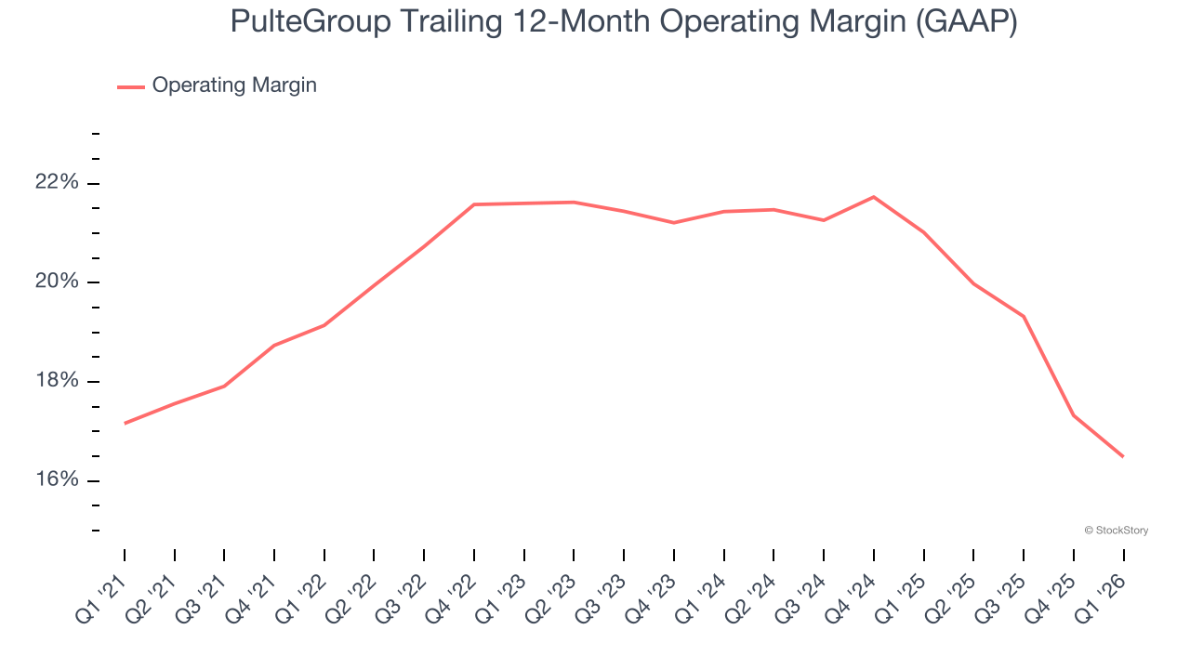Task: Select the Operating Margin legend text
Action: (x=234, y=85)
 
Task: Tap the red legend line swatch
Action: (x=131, y=86)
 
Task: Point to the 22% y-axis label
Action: (x=57, y=182)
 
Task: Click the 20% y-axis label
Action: (x=57, y=282)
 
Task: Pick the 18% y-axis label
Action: (x=57, y=381)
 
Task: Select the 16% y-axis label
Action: (x=57, y=479)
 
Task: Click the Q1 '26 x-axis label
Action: (x=1103, y=595)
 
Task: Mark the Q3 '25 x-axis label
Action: (x=1003, y=595)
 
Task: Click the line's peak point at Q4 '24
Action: (x=874, y=197)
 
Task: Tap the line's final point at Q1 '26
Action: (x=1123, y=456)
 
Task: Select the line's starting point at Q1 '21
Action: (x=125, y=423)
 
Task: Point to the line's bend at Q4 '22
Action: (x=474, y=204)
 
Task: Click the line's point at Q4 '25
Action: (x=1074, y=415)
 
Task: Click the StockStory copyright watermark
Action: (x=1116, y=531)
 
